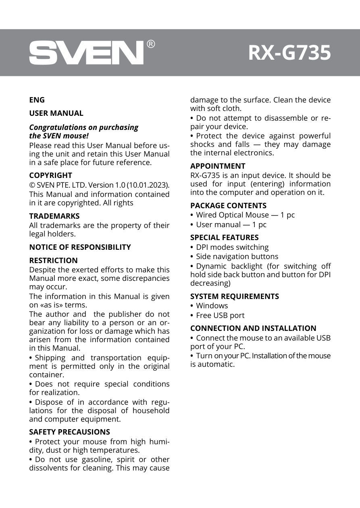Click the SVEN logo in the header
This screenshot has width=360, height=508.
click(86, 52)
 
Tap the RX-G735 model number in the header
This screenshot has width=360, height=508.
click(289, 53)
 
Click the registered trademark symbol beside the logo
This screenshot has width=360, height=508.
click(150, 44)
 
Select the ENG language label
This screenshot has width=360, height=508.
click(37, 100)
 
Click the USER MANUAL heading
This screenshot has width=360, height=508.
click(56, 113)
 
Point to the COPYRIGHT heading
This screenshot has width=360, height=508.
click(50, 175)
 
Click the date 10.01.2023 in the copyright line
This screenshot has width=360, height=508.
click(147, 185)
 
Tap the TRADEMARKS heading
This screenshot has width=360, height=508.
click(54, 216)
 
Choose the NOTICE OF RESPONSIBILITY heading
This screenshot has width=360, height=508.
click(80, 247)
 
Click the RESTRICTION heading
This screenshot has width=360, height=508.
click(53, 260)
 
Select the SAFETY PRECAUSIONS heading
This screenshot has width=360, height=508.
click(69, 432)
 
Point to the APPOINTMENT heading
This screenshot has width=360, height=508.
click(218, 166)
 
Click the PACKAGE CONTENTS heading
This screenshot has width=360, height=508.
click(228, 205)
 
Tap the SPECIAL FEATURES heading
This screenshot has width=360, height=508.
click(224, 237)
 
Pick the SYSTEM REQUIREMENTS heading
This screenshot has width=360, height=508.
click(234, 296)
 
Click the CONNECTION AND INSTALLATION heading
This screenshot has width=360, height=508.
click(253, 328)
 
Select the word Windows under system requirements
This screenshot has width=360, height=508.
click(212, 306)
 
